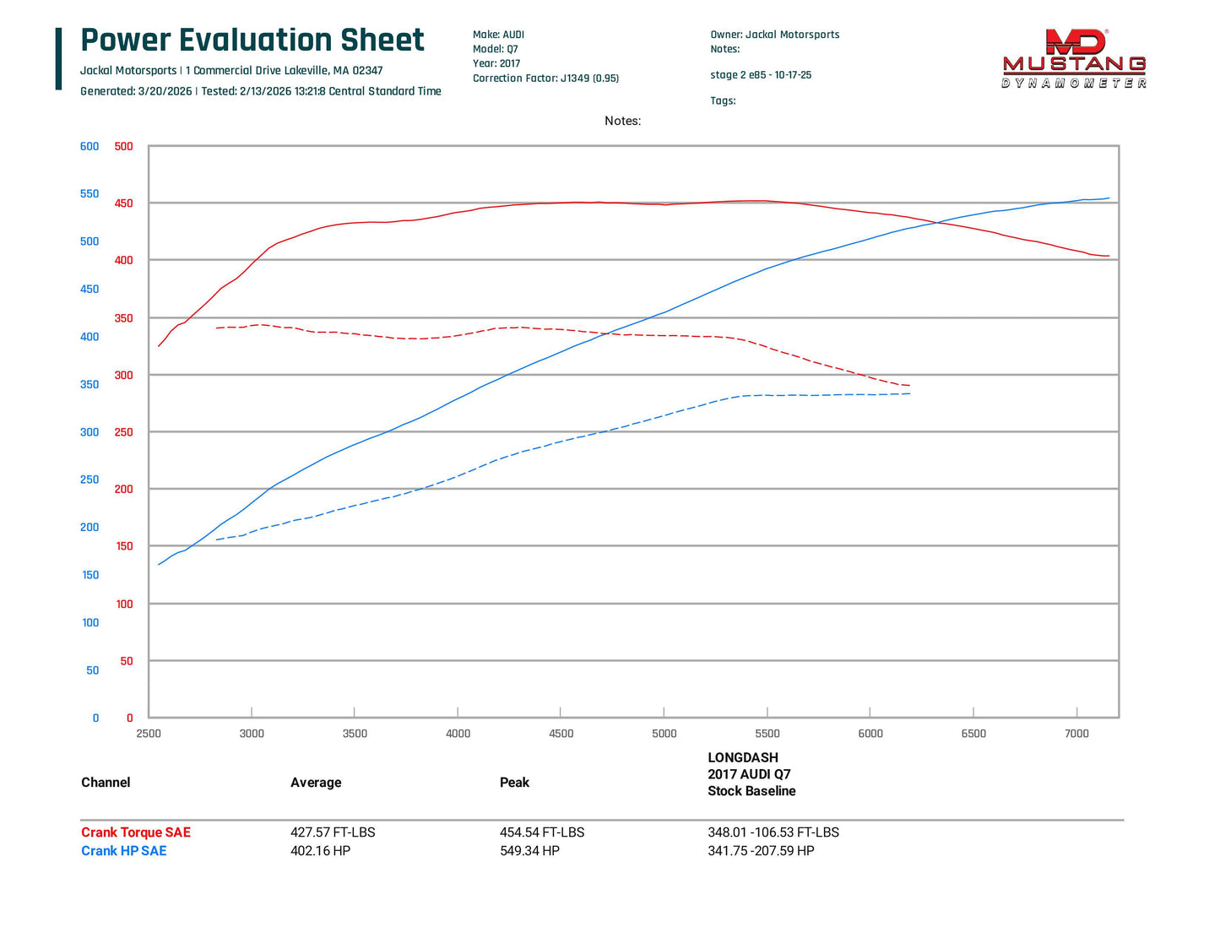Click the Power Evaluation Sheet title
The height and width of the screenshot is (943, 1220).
(x=252, y=41)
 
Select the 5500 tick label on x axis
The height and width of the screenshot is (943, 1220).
(x=767, y=734)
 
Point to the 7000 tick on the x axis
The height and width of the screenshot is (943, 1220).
(x=1076, y=734)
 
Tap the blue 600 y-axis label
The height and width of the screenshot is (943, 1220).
(x=89, y=146)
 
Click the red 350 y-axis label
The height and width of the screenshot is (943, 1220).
(x=123, y=318)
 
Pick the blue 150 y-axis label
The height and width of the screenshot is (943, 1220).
(x=90, y=575)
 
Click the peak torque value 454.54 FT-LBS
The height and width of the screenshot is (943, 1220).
(x=541, y=832)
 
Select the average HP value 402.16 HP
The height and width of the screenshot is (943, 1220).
(x=320, y=851)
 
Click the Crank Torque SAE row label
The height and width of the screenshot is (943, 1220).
(x=136, y=832)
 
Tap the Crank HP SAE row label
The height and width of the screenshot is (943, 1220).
(x=124, y=851)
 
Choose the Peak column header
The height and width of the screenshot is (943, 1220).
(x=514, y=783)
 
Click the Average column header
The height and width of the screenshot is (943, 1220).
(x=316, y=783)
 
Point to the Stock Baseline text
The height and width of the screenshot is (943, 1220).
(x=751, y=791)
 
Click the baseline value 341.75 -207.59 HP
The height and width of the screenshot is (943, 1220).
(x=761, y=851)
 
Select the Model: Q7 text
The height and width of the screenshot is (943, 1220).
(x=496, y=49)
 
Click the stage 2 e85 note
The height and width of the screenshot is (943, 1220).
(x=761, y=75)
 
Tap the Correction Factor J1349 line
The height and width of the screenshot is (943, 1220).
(x=545, y=79)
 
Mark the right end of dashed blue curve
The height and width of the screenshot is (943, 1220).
(x=909, y=393)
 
